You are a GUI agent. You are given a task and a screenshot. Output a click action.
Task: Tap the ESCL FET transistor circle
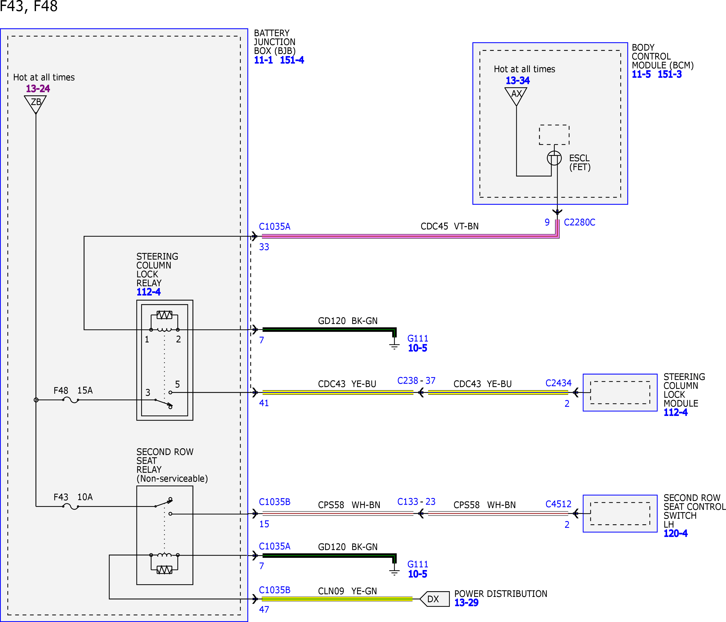554,158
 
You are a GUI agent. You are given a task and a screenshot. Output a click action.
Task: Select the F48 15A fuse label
73,391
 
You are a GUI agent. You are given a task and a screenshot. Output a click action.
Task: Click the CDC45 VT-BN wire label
450,226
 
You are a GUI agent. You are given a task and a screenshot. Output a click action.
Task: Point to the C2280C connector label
580,222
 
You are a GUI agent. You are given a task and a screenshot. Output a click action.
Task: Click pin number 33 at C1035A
264,247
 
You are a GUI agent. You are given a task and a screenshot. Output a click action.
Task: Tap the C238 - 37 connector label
416,381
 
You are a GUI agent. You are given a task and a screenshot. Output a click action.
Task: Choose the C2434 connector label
558,383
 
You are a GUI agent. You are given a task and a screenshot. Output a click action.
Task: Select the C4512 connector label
558,504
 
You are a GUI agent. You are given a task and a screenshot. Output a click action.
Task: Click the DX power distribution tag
435,599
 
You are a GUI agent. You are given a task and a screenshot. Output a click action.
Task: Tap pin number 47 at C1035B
264,609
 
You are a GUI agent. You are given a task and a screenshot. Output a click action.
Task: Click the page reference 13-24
38,89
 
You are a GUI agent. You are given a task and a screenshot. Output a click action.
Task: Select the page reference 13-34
518,81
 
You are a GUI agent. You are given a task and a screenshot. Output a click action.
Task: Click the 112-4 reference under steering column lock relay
149,292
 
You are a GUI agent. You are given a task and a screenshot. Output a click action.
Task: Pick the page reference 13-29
466,603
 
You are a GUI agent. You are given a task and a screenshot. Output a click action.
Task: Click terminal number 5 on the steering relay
177,384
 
